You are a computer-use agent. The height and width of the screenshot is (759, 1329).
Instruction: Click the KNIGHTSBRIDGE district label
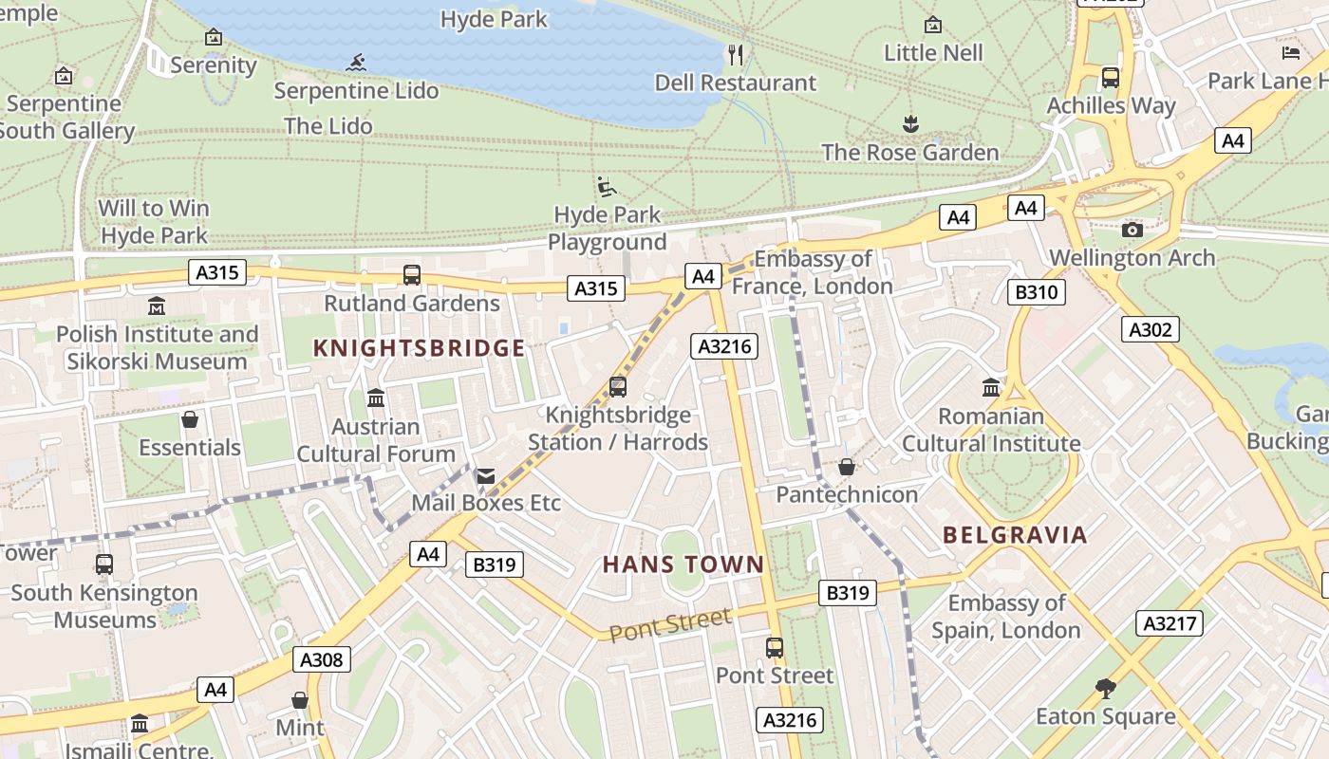pyautogui.click(x=419, y=348)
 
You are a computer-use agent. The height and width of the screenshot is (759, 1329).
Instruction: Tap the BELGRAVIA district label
pyautogui.click(x=1015, y=535)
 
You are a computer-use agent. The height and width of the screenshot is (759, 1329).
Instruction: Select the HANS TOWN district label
pyautogui.click(x=683, y=565)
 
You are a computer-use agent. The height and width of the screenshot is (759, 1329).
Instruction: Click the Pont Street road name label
pyautogui.click(x=670, y=625)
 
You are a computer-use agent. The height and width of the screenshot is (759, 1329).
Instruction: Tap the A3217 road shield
pyautogui.click(x=1170, y=623)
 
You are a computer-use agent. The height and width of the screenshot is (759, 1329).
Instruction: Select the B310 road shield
pyautogui.click(x=1036, y=292)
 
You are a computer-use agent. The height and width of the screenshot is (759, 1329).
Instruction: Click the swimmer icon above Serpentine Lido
pyautogui.click(x=356, y=64)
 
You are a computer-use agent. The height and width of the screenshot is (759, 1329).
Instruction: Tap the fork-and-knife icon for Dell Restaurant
pyautogui.click(x=736, y=54)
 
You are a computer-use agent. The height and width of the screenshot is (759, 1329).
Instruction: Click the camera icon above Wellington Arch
pyautogui.click(x=1132, y=230)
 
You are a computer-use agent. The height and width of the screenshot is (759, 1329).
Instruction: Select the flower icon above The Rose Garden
pyautogui.click(x=910, y=123)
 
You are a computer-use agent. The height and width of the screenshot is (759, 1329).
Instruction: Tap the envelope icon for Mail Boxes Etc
pyautogui.click(x=486, y=475)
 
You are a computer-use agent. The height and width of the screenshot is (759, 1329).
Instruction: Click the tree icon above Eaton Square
pyautogui.click(x=1105, y=688)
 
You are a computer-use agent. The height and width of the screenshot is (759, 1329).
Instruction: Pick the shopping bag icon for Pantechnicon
pyautogui.click(x=847, y=467)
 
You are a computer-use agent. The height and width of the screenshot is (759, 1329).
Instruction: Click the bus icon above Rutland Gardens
pyautogui.click(x=412, y=275)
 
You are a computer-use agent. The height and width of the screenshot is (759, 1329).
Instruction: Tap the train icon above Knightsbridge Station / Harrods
pyautogui.click(x=618, y=387)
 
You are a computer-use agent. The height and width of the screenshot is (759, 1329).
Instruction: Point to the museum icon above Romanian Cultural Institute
pyautogui.click(x=991, y=387)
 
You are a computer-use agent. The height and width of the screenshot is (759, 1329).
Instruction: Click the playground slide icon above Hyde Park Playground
pyautogui.click(x=607, y=187)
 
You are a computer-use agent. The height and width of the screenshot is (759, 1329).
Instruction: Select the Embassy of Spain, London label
pyautogui.click(x=1005, y=617)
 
